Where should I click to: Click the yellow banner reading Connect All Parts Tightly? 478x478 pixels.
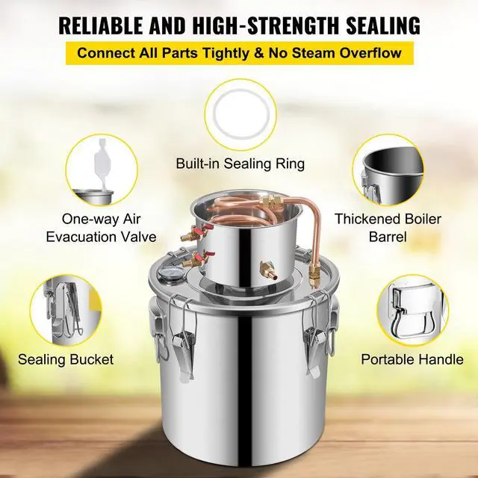(239, 54)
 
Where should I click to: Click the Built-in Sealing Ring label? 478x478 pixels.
(240, 164)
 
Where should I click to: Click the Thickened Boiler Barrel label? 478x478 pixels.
(388, 228)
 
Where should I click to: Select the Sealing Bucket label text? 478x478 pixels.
(66, 359)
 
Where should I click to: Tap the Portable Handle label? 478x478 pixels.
(412, 359)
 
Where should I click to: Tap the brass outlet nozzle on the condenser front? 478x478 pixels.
(264, 268)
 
